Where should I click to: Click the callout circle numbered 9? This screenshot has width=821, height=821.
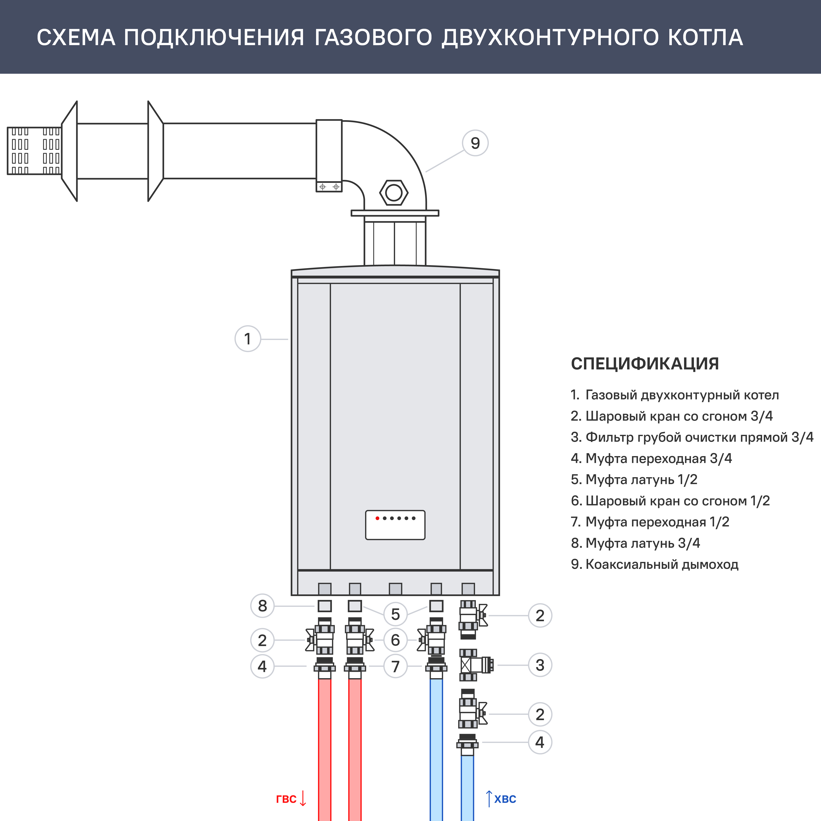475,143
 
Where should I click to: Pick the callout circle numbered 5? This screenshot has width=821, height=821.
395,614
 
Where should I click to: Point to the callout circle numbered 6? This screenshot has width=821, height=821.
395,640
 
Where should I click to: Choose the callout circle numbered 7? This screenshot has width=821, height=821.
395,666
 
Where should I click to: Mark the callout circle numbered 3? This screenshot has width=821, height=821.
540,665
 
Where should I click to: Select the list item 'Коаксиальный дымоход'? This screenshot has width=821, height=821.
655,564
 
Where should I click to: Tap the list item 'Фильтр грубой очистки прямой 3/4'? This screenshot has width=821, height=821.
692,437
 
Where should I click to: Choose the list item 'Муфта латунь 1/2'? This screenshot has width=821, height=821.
634,479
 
